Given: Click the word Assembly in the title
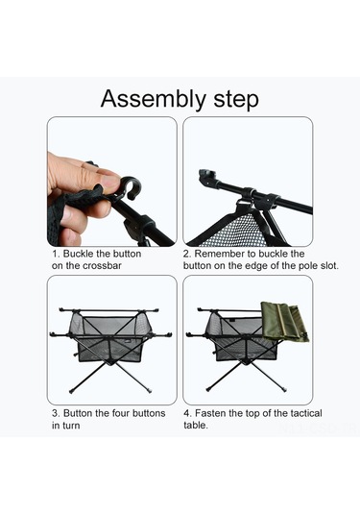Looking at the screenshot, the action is (x=153, y=99).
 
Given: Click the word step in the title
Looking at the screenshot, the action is (x=236, y=99).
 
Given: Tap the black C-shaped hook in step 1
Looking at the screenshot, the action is (x=130, y=187).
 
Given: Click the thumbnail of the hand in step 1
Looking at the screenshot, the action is (x=84, y=198).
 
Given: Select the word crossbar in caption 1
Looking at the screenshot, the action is (x=102, y=265).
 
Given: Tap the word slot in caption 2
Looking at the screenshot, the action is (x=328, y=265).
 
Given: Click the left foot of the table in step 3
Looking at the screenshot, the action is (x=71, y=391).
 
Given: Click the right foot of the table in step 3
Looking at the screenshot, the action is (x=150, y=390).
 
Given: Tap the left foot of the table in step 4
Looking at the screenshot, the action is (x=208, y=389).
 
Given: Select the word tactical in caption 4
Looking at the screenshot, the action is (x=306, y=413).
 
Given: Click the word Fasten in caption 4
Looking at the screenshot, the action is (x=210, y=413).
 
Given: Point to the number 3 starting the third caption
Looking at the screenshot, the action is (x=55, y=413).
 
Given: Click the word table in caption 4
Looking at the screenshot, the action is (x=195, y=426).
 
